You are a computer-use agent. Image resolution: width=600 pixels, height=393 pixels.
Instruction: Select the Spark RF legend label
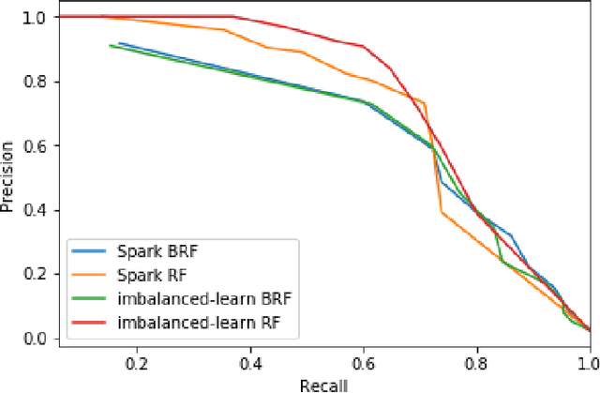pos(147,276)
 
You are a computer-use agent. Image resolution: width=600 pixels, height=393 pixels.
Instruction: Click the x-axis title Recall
pos(323,385)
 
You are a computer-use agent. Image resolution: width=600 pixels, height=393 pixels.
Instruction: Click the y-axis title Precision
pos(8,175)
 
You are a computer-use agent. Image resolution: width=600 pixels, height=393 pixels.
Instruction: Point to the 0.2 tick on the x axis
pos(137,362)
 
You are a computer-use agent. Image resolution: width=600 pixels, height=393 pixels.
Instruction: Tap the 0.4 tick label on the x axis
pos(250,362)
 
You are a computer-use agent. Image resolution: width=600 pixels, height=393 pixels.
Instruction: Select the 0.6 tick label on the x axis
pos(363,362)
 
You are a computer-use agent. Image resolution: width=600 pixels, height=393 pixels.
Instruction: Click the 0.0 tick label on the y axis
pos(37,338)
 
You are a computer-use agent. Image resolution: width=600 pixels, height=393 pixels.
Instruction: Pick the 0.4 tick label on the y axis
pos(37,209)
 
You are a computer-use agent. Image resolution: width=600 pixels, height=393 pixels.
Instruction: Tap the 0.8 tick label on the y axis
pos(37,82)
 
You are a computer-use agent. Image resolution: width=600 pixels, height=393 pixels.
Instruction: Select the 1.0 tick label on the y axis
pos(37,17)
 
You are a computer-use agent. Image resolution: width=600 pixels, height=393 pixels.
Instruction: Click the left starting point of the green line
pos(110,45)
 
